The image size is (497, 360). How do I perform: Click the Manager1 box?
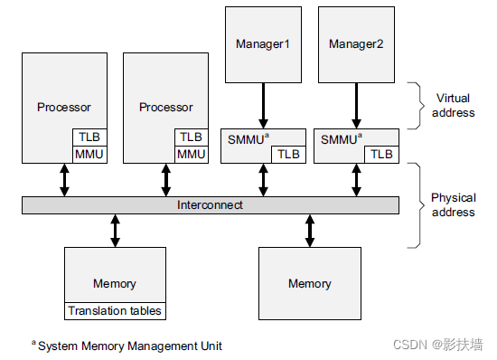pos(263,43)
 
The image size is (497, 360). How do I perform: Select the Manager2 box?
pos(355,43)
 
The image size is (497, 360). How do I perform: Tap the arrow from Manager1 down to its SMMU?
pos(263,103)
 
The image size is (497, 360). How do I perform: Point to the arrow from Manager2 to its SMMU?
pos(355,103)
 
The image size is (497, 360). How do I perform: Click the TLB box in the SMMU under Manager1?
pos(288,155)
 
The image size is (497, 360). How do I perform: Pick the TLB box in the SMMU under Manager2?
pos(380,155)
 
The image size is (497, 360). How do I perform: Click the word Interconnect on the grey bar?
pos(210,205)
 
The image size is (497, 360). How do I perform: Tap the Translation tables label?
pos(115,311)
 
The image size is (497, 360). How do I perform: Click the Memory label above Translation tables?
pos(115,283)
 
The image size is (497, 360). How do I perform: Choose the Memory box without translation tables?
pos(309,283)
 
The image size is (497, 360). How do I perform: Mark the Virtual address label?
pos(454,106)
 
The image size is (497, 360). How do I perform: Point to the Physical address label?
pos(454,205)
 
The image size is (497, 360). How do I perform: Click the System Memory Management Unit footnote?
pos(127,346)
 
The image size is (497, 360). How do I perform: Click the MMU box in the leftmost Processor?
pos(89,155)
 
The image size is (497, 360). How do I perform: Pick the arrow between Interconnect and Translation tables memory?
pos(115,230)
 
